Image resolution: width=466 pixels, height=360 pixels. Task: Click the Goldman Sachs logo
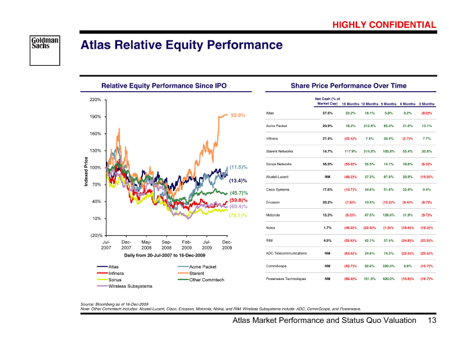point(45,45)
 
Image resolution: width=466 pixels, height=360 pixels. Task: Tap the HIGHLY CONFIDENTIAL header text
point(384,25)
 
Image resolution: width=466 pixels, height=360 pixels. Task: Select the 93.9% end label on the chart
point(238,115)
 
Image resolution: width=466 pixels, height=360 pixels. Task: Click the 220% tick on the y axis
point(95,99)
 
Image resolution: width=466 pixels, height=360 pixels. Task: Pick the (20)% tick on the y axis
point(95,235)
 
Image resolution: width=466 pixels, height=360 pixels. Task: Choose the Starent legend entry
point(198,274)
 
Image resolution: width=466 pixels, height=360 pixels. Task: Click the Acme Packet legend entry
point(204,267)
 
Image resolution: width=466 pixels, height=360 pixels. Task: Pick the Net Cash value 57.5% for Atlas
point(328,112)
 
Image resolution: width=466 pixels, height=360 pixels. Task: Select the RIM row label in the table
point(270,240)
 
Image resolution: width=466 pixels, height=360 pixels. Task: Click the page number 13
point(432,321)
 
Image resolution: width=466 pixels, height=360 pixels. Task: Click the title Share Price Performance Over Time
point(348,86)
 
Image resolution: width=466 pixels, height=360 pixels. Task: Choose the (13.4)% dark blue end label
point(238,180)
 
